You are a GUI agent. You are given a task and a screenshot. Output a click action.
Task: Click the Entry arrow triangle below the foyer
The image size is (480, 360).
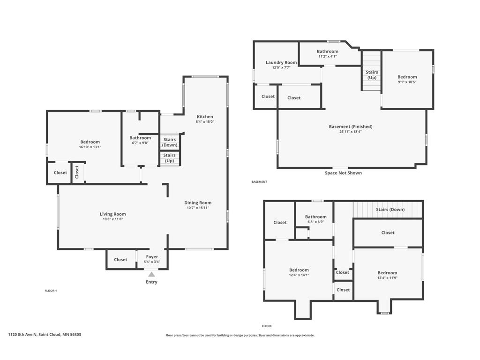click(x=151, y=274)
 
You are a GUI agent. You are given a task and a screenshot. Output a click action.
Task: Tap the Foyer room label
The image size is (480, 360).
click(x=152, y=257)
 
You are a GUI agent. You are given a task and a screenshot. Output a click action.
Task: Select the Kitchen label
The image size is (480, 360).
click(x=205, y=117)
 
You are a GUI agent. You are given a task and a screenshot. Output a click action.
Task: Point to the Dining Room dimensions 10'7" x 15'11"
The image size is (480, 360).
click(x=198, y=208)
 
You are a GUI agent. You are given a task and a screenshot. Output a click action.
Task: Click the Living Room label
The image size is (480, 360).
click(x=112, y=214)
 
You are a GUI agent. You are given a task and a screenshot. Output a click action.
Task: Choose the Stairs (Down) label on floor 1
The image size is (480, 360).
click(x=170, y=142)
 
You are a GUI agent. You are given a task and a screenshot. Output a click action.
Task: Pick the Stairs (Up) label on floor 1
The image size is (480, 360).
click(x=169, y=158)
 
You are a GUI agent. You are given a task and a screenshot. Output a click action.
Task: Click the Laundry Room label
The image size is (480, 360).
click(x=281, y=62)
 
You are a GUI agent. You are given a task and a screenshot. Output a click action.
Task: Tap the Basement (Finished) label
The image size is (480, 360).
click(x=351, y=127)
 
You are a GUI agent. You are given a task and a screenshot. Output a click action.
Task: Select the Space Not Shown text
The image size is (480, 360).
click(x=343, y=173)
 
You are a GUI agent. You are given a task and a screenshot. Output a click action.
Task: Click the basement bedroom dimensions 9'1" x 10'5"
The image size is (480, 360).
click(x=407, y=82)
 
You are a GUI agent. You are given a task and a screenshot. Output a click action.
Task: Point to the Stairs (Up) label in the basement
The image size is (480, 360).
click(x=372, y=75)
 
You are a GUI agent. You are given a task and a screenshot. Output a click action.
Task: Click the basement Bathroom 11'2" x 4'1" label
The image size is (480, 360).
click(x=328, y=53)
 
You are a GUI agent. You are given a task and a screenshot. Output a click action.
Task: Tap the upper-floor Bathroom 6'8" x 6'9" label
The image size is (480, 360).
click(x=315, y=219)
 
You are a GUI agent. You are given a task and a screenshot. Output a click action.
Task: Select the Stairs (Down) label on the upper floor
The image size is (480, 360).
click(x=390, y=210)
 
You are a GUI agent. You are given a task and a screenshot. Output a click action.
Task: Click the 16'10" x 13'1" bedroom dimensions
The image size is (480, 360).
click(x=90, y=147)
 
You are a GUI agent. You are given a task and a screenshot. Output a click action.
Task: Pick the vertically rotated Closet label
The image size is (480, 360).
click(x=77, y=172)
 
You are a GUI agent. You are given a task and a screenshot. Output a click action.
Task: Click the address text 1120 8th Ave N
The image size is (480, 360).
click(x=22, y=335)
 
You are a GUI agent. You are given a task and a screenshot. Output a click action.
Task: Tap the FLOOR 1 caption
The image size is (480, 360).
click(x=51, y=291)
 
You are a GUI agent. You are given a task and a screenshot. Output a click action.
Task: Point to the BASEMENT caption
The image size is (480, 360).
click(x=259, y=182)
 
